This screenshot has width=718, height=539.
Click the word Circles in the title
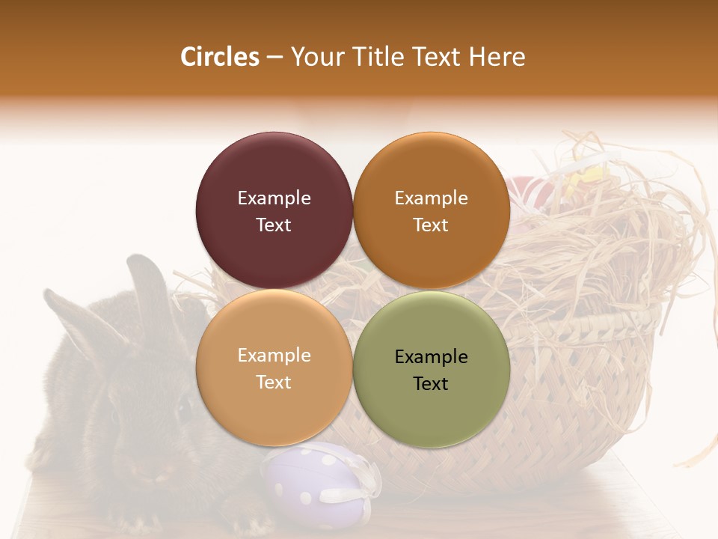[x=220, y=57]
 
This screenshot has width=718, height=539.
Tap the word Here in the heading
[x=497, y=57]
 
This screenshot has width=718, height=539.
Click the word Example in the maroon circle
[x=274, y=198]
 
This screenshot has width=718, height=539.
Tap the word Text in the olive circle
[x=431, y=384]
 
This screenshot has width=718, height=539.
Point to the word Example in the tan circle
[x=274, y=356]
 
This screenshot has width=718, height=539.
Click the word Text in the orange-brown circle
[x=431, y=225]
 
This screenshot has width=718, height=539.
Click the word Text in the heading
[x=437, y=57]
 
